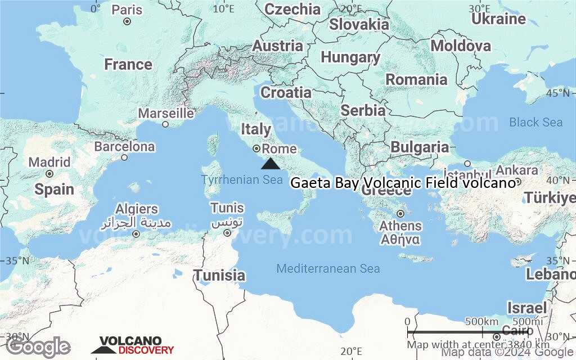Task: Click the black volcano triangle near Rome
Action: pyautogui.click(x=271, y=164)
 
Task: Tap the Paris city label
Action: pyautogui.click(x=127, y=10)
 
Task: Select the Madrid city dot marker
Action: pyautogui.click(x=49, y=174)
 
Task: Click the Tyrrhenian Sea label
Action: pyautogui.click(x=242, y=180)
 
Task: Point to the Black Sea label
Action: pyautogui.click(x=535, y=122)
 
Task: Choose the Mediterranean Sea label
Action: pyautogui.click(x=328, y=269)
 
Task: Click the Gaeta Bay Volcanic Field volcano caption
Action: pyautogui.click(x=403, y=183)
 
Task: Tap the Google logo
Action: pyautogui.click(x=39, y=346)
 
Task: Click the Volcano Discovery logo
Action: pyautogui.click(x=133, y=345)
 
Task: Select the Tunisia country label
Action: pyautogui.click(x=219, y=275)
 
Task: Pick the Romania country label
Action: pyautogui.click(x=416, y=80)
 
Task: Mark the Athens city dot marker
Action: pyautogui.click(x=400, y=214)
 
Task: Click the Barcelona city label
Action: pyautogui.click(x=124, y=146)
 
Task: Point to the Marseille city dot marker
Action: pyautogui.click(x=165, y=124)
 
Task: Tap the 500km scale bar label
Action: pyautogui.click(x=482, y=321)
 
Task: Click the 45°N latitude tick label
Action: pyautogui.click(x=561, y=93)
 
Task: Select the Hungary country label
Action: pyautogui.click(x=350, y=57)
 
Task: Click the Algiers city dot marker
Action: pyautogui.click(x=136, y=233)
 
